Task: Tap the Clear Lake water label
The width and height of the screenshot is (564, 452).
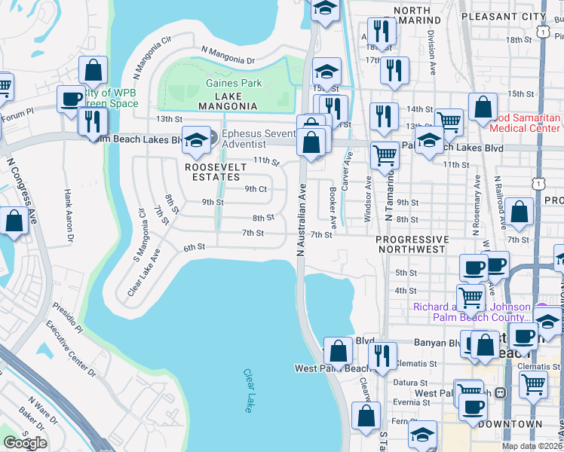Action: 249,389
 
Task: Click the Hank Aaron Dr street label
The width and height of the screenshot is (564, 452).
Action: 68,215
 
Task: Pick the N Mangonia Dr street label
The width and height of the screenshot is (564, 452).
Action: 228,55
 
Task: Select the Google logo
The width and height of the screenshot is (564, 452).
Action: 25,443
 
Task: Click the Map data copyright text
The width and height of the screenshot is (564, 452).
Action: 532,446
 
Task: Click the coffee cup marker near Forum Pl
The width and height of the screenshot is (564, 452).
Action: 71,99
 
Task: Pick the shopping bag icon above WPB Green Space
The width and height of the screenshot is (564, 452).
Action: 93,70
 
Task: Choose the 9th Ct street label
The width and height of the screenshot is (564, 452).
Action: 256,189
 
